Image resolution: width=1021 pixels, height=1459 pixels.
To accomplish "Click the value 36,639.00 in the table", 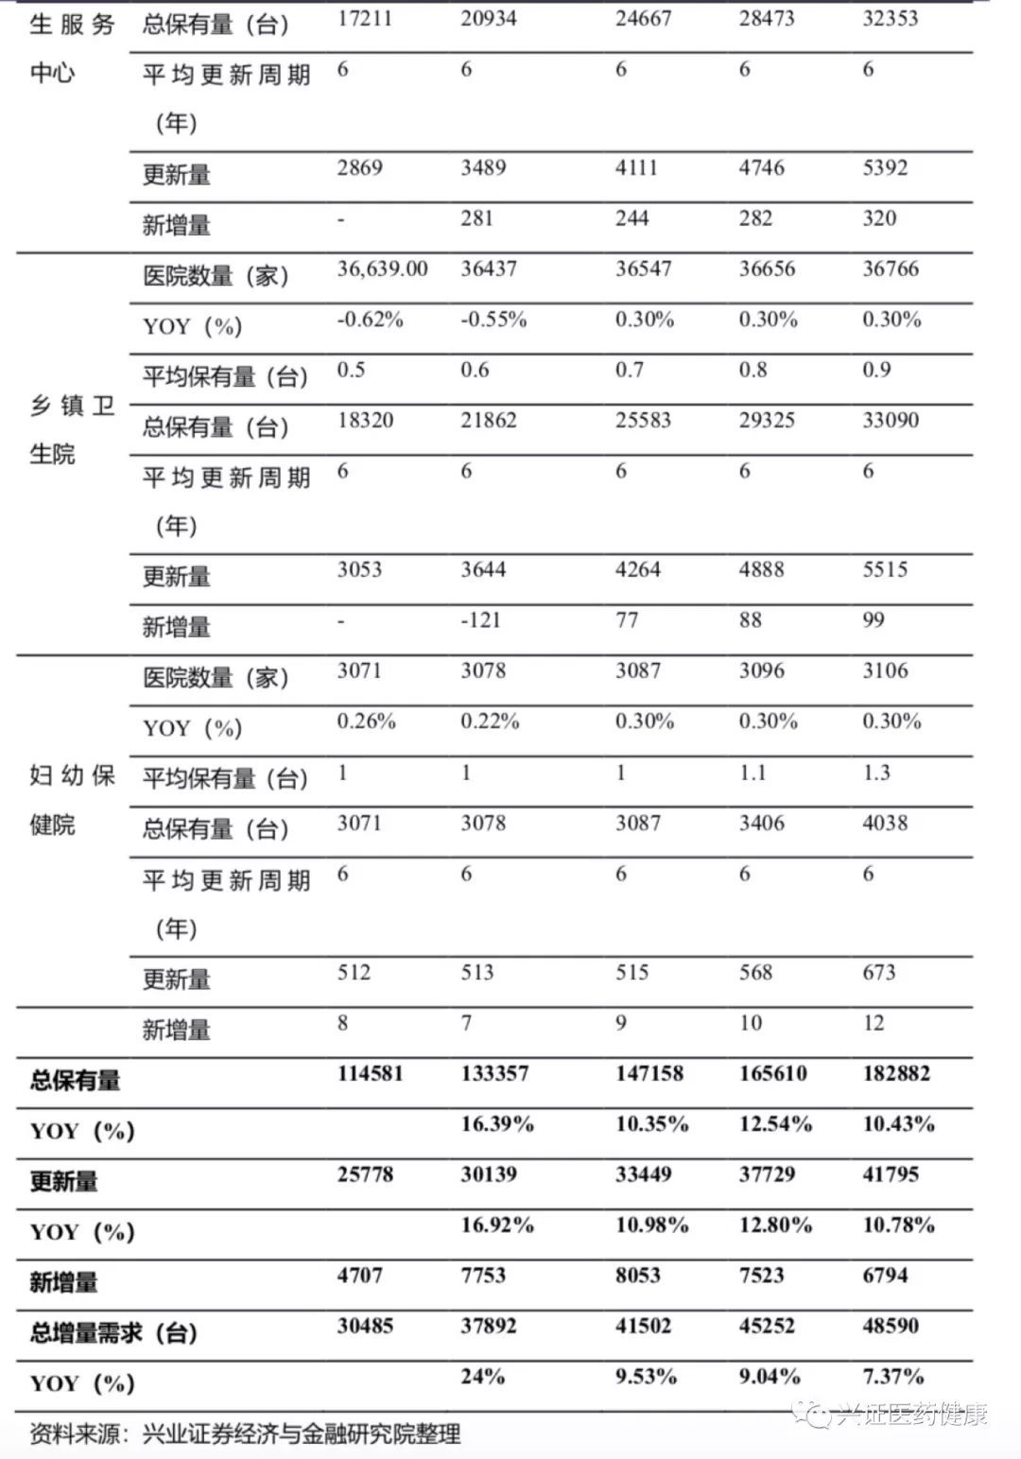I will pos(382,269).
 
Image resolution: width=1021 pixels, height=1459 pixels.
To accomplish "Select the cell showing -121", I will pos(480,620).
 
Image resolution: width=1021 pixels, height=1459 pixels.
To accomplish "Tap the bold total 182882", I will pos(896,1074).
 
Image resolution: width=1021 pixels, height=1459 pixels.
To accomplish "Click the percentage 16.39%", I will pos(497,1124).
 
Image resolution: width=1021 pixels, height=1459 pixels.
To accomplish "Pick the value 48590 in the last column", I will pos(891,1326).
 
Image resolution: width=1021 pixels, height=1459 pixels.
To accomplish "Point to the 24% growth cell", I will pos(482,1377).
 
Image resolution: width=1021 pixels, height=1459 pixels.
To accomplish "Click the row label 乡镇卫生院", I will pos(72,430).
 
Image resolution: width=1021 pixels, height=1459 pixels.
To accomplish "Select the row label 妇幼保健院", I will pos(72,800).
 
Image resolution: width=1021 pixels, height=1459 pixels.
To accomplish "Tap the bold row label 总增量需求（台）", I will pos(113,1333).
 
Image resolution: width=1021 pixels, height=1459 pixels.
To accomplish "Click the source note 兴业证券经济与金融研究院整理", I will pos(301,1433).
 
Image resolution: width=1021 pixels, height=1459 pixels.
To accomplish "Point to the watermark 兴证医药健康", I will pos(909,1415).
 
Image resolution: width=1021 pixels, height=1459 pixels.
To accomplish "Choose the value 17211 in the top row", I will pos(364,19).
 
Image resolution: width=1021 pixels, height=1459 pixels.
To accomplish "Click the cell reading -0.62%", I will pos(370,320).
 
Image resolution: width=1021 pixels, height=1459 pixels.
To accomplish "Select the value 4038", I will pos(885,823).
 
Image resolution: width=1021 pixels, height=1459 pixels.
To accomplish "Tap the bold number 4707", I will pos(360,1276).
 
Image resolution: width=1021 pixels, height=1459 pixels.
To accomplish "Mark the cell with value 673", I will pos(878,973).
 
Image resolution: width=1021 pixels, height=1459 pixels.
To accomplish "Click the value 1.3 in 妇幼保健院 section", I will pos(876,773).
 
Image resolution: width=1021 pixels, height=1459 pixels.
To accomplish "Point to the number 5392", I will pos(885,168).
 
